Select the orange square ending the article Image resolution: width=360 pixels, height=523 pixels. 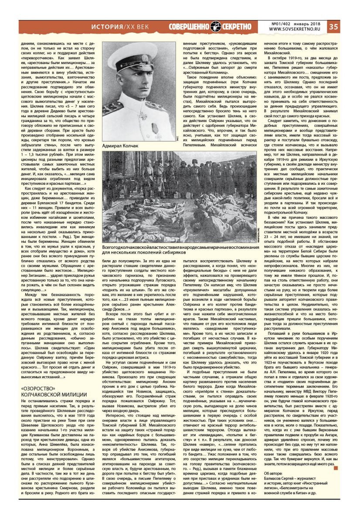[336, 467]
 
